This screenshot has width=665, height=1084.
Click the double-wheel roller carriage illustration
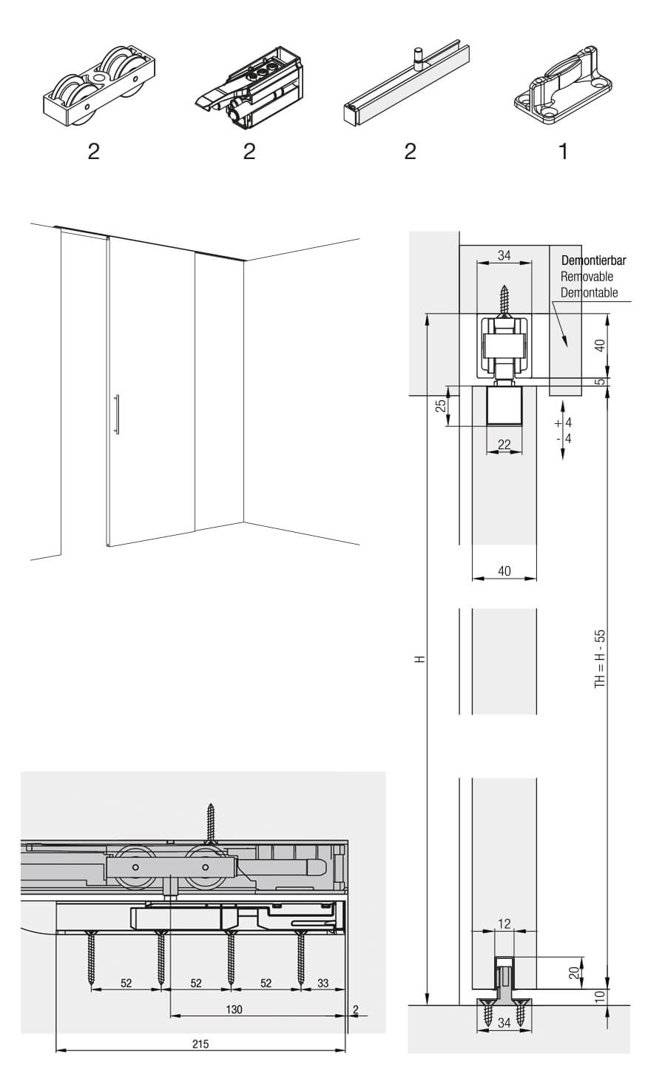99,86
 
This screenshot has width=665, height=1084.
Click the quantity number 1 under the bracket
563,152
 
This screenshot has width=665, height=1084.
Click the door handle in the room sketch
117,414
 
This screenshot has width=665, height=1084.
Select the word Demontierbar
593,260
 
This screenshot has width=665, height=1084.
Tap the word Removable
587,276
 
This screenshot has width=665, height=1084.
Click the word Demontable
589,292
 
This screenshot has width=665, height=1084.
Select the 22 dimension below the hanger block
504,444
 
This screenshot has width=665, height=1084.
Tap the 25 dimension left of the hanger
441,405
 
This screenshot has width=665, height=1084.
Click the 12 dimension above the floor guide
504,923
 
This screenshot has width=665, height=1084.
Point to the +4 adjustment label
564,423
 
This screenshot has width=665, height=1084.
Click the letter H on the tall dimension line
421,659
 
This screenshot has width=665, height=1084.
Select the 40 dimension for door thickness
504,571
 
